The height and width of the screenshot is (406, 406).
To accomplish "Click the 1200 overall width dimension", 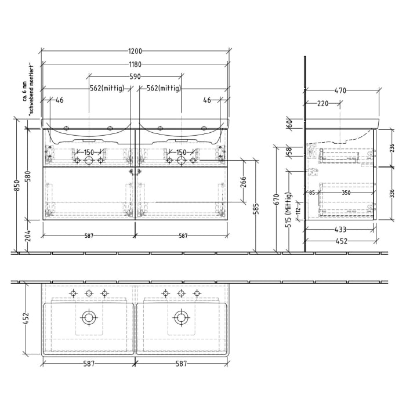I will tap(135, 51).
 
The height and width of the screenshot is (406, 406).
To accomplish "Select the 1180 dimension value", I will tap(135, 64).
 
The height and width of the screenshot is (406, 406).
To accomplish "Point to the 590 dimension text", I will tap(135, 76).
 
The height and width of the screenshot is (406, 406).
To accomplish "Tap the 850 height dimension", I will tap(17, 185).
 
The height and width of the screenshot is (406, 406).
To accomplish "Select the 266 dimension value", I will tap(244, 183).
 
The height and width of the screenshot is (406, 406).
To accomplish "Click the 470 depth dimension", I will tap(340, 90).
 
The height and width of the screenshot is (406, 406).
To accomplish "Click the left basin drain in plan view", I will tap(89, 317).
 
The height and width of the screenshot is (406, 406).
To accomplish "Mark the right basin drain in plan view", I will tap(181, 317).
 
